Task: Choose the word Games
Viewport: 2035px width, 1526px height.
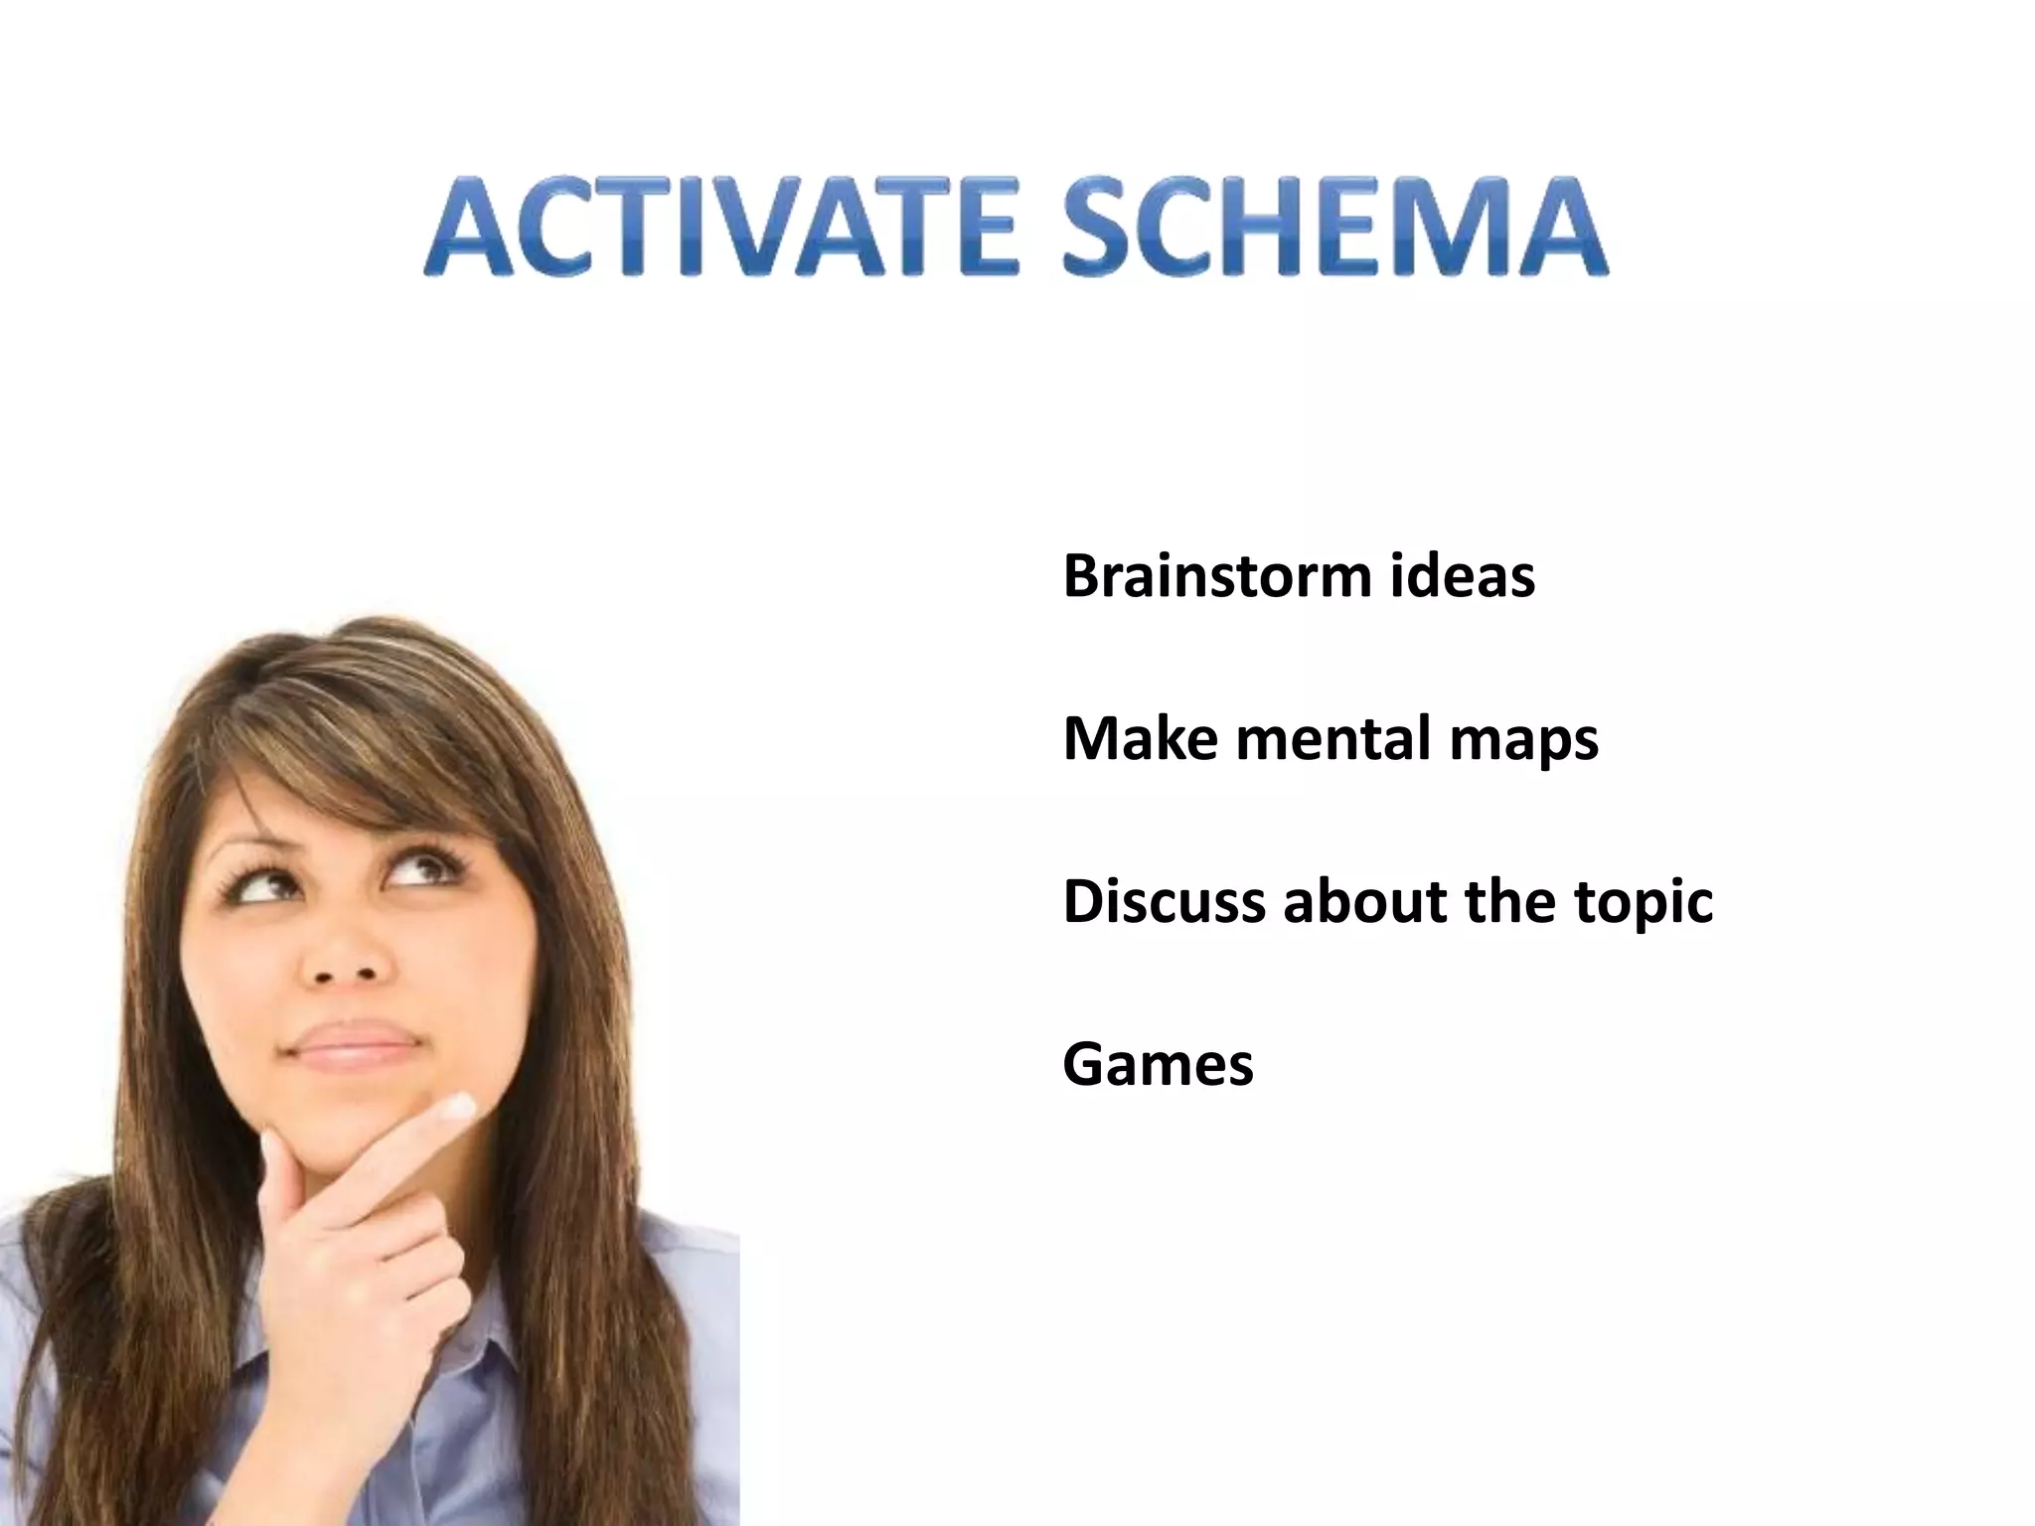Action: coord(1158,1064)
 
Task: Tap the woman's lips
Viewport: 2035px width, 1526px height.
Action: coord(353,1043)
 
